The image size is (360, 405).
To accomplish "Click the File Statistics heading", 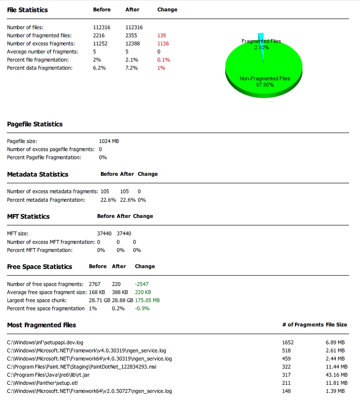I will tap(27, 10).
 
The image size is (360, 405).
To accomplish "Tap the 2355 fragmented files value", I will tap(132, 36).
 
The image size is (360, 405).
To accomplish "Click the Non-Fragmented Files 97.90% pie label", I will tap(265, 81).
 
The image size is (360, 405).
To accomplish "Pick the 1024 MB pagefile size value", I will tap(109, 141).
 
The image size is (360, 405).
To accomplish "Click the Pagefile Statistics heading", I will tap(35, 124).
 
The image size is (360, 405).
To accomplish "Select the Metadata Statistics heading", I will tap(38, 175).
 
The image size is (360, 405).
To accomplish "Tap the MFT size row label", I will tap(17, 234).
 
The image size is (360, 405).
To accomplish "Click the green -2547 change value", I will tap(141, 284).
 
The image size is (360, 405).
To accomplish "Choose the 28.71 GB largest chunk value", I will tap(99, 301).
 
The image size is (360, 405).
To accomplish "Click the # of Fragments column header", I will tap(302, 325).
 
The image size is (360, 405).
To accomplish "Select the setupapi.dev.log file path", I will tap(45, 343).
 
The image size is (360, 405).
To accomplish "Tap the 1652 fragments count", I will tap(288, 343).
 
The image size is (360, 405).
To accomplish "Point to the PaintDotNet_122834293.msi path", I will tap(81, 367).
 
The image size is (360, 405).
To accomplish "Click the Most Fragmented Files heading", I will tap(41, 325).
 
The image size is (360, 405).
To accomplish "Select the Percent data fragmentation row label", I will tap(40, 68).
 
